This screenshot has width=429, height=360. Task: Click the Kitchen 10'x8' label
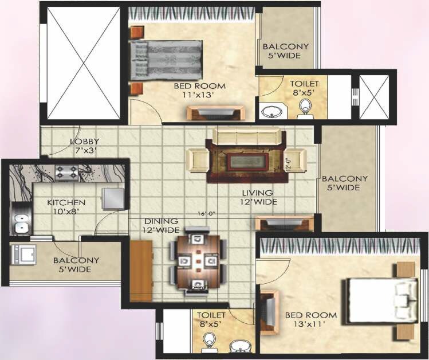coord(66,207)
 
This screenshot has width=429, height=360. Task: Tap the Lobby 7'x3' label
coord(85,146)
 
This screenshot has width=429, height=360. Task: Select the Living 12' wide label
coord(258,197)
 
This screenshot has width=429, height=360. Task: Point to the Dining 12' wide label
coord(161,225)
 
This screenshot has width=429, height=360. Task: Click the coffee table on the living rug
coord(247,161)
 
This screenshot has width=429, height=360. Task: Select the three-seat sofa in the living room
coord(248,136)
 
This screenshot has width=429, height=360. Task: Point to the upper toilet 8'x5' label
coord(304,87)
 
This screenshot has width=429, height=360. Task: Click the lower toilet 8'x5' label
coord(211,319)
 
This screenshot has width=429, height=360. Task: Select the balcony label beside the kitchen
coord(76,264)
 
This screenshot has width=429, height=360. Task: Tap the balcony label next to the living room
coord(344,183)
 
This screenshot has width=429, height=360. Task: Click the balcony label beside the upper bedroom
coord(285,51)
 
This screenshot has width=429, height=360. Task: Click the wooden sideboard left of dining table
coord(141,271)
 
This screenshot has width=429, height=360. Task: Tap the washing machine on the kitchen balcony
coord(23,253)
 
